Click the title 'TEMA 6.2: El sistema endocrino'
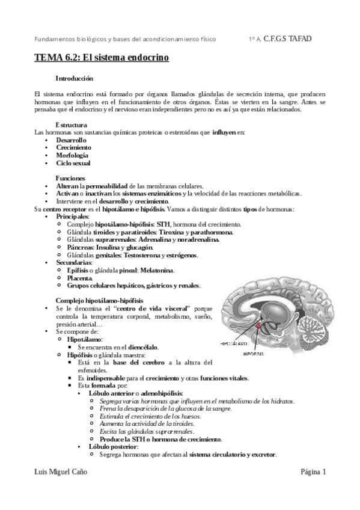tap(101, 58)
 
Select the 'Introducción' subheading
tap(74, 78)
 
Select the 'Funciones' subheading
tap(70, 178)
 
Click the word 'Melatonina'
tap(155, 271)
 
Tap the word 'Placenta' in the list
tap(79, 278)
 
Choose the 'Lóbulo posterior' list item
tap(113, 447)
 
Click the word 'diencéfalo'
tap(143, 347)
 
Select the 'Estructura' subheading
tap(72, 124)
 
